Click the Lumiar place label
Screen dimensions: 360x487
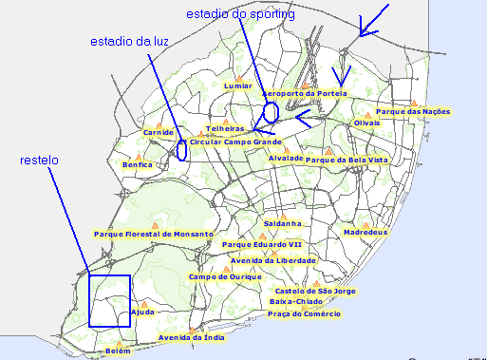(x=238, y=85)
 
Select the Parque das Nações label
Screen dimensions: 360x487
(x=413, y=111)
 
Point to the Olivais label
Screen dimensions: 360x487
(x=366, y=123)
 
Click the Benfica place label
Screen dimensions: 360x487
(x=138, y=164)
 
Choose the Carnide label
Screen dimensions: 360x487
(x=158, y=133)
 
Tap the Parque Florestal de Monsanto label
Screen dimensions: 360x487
(x=154, y=233)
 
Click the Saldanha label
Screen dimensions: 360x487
(x=282, y=224)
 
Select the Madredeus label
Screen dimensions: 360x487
(x=366, y=232)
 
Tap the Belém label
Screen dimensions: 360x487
(x=118, y=351)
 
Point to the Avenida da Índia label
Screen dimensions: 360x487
(x=191, y=337)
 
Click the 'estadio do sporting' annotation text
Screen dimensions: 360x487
(x=240, y=14)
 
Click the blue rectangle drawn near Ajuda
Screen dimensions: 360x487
(x=109, y=300)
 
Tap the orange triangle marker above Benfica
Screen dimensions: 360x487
(x=139, y=156)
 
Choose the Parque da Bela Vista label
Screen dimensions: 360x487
(x=347, y=161)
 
